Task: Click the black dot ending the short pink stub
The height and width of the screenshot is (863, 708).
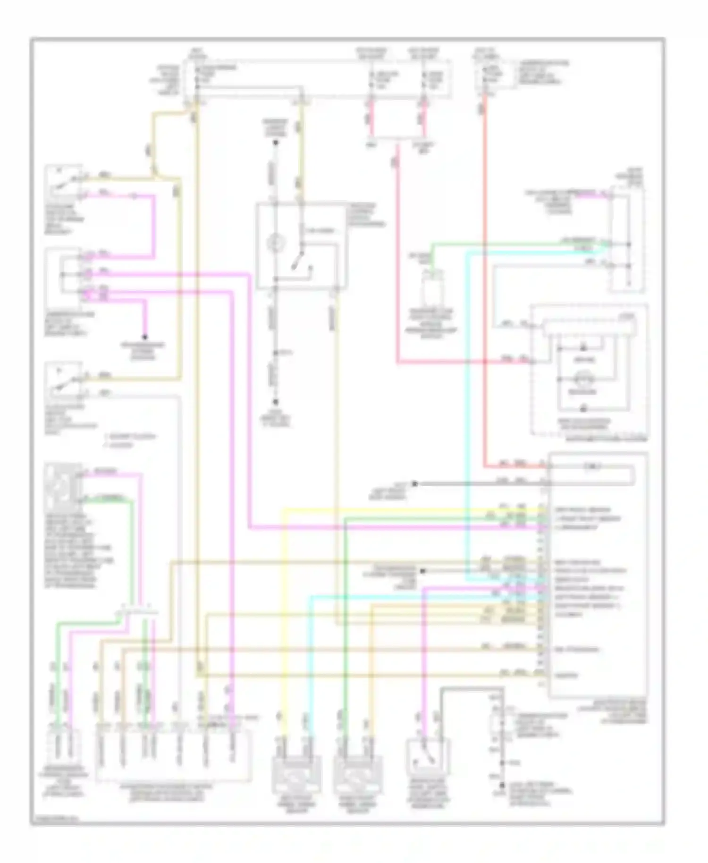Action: [145, 337]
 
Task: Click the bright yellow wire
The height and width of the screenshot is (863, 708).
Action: [283, 614]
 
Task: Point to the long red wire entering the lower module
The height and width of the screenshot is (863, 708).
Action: [485, 283]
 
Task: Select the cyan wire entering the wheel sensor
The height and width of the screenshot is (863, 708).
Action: [309, 661]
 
